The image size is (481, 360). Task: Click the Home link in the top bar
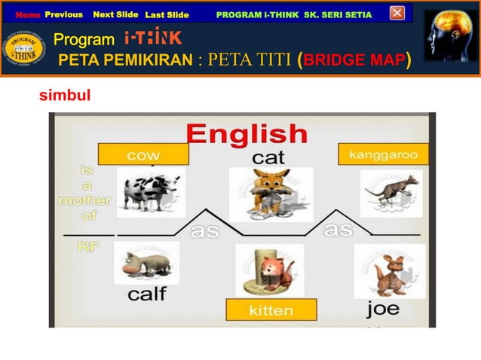pos(28,15)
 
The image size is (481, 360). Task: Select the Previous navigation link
pos(63,14)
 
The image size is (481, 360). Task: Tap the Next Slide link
pos(115,14)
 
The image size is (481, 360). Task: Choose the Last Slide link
pos(167,15)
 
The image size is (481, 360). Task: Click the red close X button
pos(397,13)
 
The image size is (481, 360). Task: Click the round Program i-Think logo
pos(24,50)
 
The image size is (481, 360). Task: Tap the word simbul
pos(65,96)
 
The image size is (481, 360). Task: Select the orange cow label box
pos(143,155)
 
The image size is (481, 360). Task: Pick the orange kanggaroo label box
pos(383,154)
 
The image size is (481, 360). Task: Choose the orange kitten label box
pos(271,310)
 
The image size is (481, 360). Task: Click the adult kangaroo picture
pos(390,194)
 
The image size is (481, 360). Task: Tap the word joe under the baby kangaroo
pos(383,309)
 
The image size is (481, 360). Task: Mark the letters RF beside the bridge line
pos(87,249)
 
